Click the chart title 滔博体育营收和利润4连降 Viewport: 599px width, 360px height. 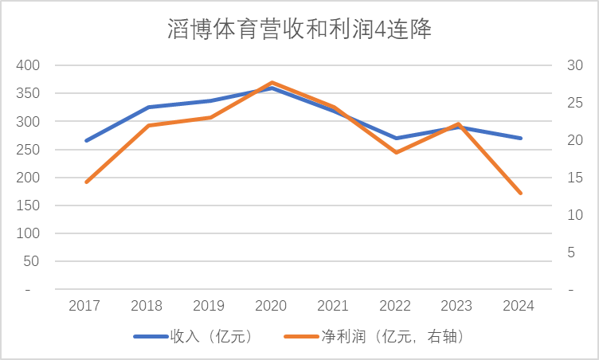(299, 30)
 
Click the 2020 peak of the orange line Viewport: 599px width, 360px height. (272, 82)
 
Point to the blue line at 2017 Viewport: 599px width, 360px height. (85, 140)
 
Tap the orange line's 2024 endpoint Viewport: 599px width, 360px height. (521, 194)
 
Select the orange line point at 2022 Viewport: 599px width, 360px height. (396, 152)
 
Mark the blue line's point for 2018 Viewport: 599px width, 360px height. (147, 107)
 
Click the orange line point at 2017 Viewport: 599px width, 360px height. (85, 182)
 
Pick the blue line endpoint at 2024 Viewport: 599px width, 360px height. (521, 138)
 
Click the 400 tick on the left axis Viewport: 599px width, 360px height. (28, 65)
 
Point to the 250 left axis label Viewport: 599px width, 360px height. (28, 150)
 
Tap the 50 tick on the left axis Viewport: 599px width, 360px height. (31, 262)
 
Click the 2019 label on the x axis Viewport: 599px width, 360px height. (209, 306)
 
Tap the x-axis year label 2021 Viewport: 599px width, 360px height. (334, 306)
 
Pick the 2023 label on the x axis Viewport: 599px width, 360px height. (458, 306)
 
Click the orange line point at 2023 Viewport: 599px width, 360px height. (459, 124)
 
